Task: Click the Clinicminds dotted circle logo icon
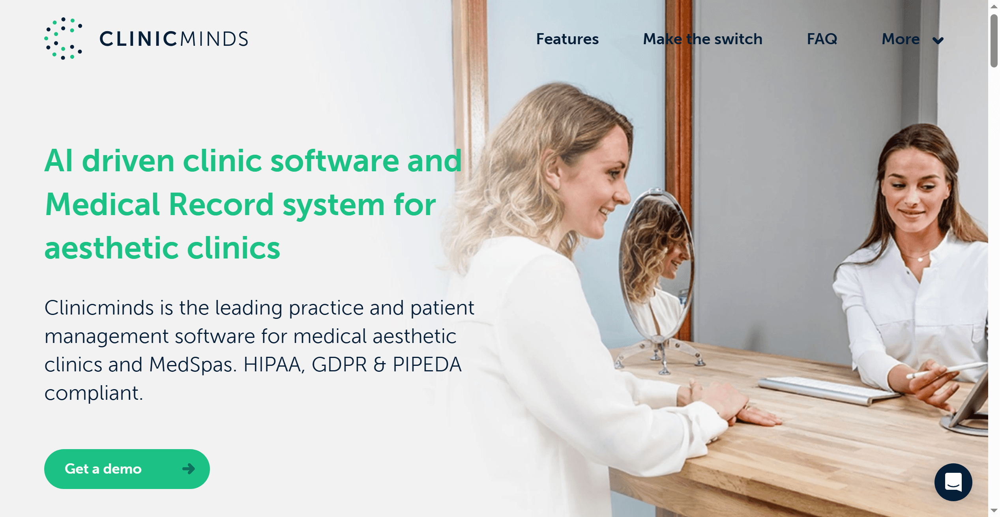pos(63,39)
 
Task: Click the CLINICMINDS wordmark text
pos(174,39)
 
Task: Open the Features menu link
pos(567,39)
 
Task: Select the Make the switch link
pos(702,39)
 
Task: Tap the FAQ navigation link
pos(822,39)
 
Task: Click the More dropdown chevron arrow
pos(938,40)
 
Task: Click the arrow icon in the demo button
pos(189,469)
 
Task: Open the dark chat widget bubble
pos(953,482)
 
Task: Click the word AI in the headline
pos(59,161)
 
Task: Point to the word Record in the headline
pos(221,205)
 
